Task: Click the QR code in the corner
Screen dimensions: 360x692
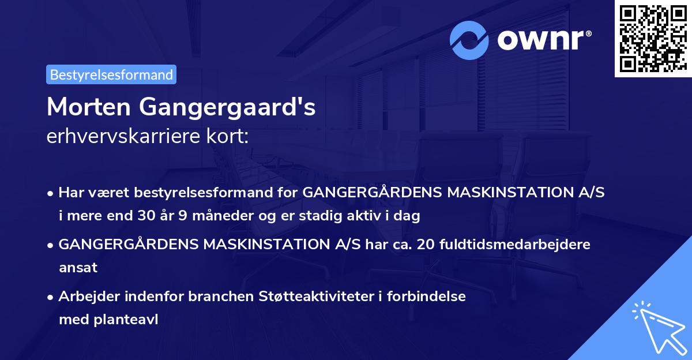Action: point(653,38)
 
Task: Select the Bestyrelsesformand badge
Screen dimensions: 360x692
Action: point(111,74)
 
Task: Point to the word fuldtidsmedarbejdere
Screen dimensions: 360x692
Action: point(515,244)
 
